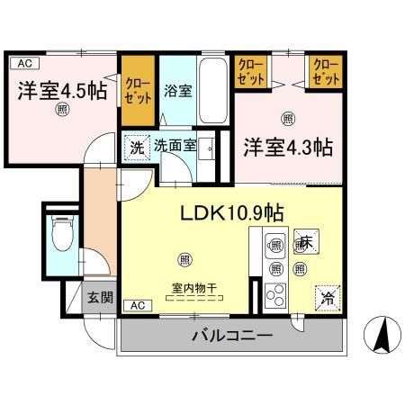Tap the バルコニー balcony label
(231, 337)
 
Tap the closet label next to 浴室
(139, 83)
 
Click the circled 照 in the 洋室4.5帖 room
(62, 111)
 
